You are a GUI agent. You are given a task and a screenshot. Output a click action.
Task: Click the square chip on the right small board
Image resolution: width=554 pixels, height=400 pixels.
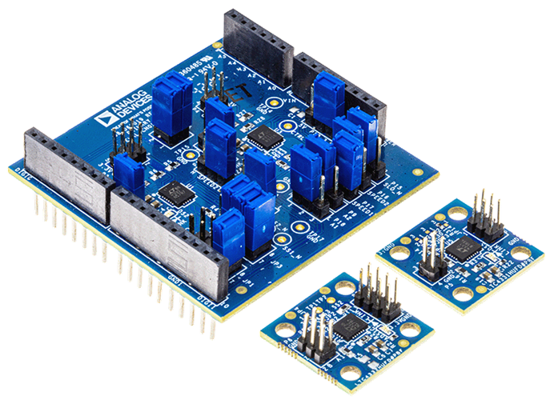[460, 247]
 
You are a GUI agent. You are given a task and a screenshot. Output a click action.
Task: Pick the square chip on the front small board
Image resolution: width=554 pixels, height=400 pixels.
[351, 326]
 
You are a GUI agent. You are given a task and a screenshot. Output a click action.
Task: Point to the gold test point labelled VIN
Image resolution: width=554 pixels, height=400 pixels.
[275, 103]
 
